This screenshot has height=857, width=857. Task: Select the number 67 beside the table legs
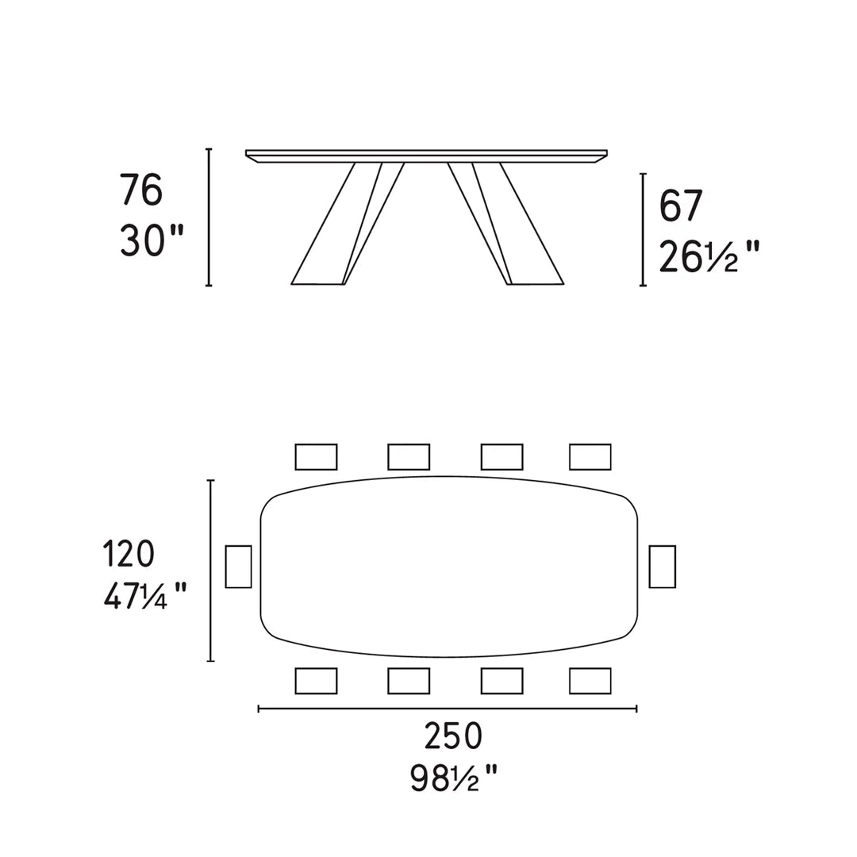pos(681,206)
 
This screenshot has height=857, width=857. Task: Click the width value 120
pos(128,554)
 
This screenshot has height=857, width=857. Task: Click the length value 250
pos(452,737)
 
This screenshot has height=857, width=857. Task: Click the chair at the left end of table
pos(238,567)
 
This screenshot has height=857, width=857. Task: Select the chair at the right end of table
pos(662,567)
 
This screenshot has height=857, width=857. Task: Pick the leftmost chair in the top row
pos(316,457)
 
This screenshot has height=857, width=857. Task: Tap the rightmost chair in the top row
pos(590,457)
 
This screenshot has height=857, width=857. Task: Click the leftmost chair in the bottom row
pos(316,681)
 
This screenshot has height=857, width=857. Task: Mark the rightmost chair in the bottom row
pos(590,681)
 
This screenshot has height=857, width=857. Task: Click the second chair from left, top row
pos(409,457)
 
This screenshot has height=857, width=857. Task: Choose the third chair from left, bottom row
pos(502,681)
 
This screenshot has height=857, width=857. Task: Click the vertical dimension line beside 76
pos(209,217)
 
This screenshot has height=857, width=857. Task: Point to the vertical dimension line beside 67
pos(643,229)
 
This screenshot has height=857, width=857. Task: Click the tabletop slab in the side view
pos(427,155)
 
